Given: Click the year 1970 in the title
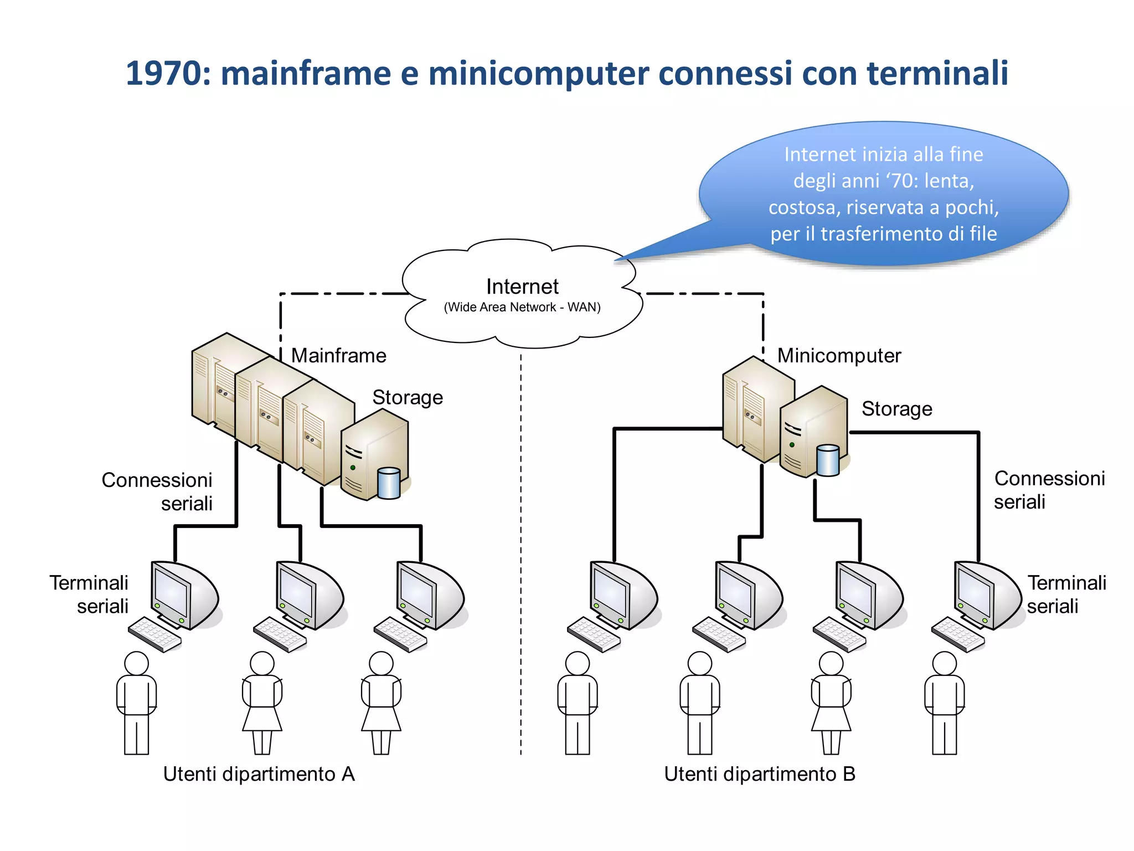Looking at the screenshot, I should (x=163, y=74).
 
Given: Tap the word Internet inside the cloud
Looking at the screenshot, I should (x=522, y=286).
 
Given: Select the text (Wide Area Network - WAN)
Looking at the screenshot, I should (x=522, y=307).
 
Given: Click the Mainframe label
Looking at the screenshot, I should (x=338, y=356).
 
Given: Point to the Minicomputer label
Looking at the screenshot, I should (x=839, y=356).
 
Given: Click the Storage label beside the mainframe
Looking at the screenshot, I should (x=408, y=398).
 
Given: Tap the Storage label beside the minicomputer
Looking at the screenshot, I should (x=896, y=409).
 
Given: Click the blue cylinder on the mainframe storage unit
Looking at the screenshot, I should (x=388, y=483).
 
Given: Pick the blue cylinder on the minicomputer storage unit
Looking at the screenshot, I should (x=828, y=460).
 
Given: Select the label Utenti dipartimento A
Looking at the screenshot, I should (x=259, y=774).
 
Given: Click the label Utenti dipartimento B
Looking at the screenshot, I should (x=759, y=774).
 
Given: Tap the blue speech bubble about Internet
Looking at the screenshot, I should (x=883, y=194).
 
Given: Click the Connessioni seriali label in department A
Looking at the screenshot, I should (x=157, y=491).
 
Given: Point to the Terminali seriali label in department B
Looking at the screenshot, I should (x=1066, y=594).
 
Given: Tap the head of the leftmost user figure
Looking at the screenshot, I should (x=136, y=663).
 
